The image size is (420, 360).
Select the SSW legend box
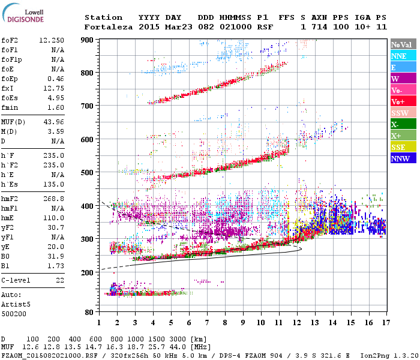401,113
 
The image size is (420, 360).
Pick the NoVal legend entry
401,44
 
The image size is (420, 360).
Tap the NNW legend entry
401,158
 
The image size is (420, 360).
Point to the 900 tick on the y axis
87,40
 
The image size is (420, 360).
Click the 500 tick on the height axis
87,173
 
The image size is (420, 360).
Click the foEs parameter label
10,98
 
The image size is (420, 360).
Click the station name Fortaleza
109,27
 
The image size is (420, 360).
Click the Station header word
103,17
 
